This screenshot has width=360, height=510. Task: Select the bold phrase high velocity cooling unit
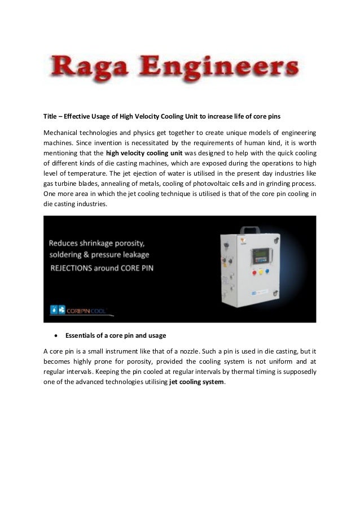click(x=141, y=152)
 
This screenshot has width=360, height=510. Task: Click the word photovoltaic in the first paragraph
click(x=225, y=184)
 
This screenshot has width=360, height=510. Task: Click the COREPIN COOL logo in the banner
click(x=82, y=310)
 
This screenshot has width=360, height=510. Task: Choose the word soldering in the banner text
click(x=65, y=256)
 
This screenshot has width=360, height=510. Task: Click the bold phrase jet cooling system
click(x=197, y=382)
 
